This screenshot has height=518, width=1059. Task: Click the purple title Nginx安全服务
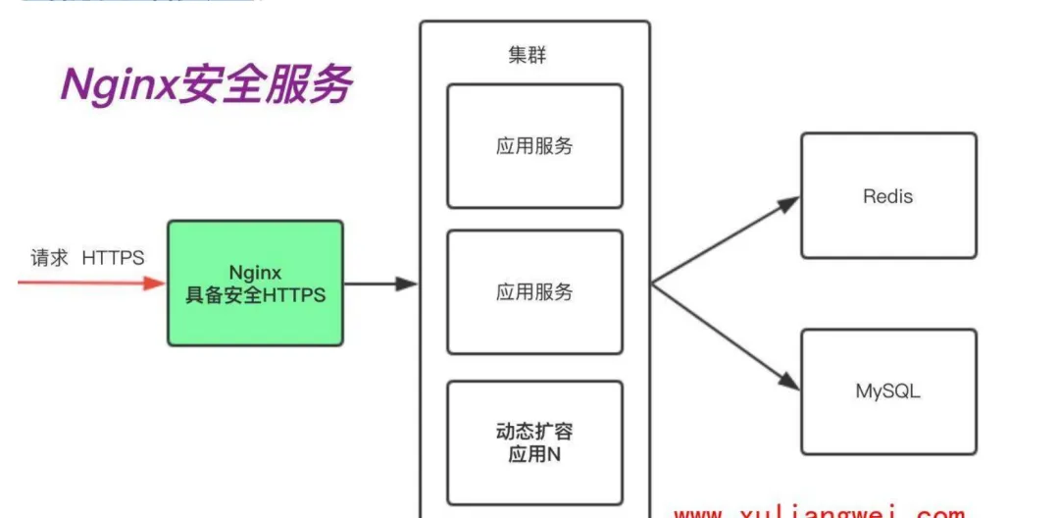206,86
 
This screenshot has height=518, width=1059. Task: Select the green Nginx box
255,283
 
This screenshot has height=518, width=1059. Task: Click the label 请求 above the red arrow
50,258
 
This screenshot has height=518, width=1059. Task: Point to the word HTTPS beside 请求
113,258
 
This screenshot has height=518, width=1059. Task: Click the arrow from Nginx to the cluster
381,284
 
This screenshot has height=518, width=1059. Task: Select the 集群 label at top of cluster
527,55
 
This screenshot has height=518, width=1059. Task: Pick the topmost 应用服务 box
534,145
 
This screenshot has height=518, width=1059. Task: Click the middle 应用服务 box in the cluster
534,291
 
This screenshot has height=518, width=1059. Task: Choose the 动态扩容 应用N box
534,442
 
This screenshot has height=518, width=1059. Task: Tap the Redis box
888,195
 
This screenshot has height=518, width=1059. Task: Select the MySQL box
888,391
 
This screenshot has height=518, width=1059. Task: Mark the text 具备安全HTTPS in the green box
256,295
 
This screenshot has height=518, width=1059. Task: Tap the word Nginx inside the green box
255,272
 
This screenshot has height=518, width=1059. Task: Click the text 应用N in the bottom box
534,454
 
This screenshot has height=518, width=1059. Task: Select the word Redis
887,196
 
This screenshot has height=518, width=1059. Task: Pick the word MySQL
888,391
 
